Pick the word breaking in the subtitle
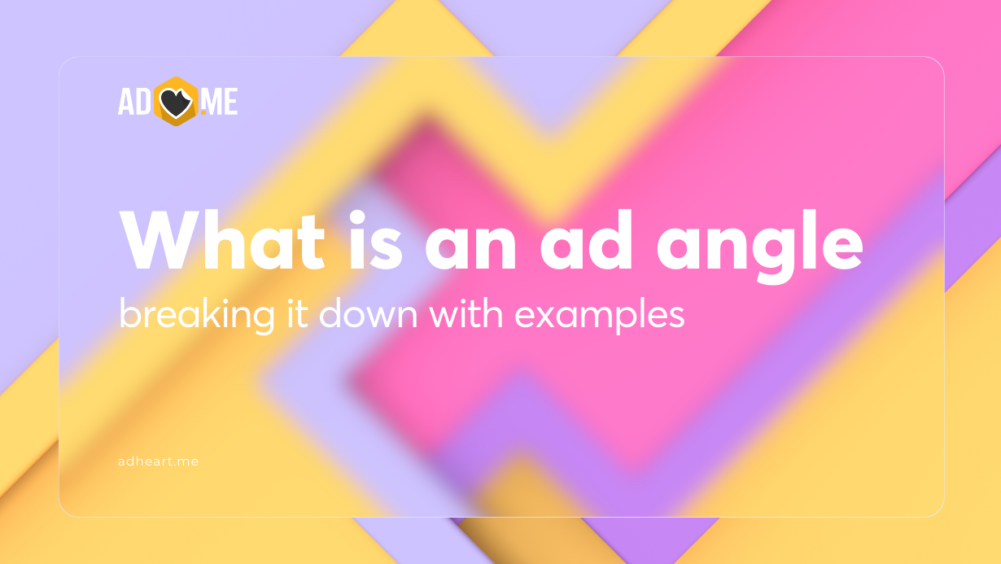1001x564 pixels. pyautogui.click(x=185, y=315)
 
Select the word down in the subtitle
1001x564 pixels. pyautogui.click(x=363, y=313)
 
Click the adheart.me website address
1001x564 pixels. pyautogui.click(x=158, y=461)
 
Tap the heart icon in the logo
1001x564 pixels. pyautogui.click(x=176, y=102)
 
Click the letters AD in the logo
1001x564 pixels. pyautogui.click(x=133, y=102)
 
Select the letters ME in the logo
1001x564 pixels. pyautogui.click(x=218, y=102)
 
